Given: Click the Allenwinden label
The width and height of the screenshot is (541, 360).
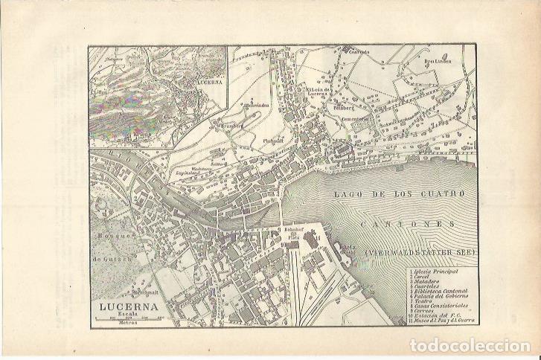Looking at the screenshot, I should pyautogui.click(x=257, y=106).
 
